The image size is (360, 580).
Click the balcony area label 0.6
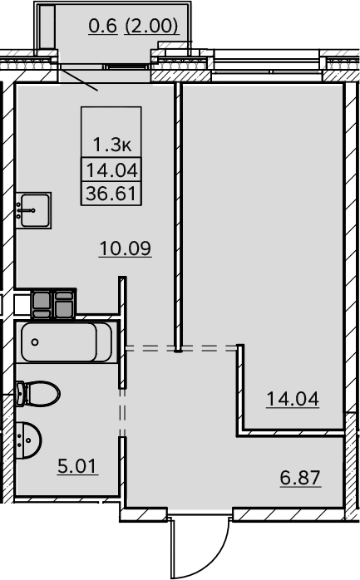coord(103,27)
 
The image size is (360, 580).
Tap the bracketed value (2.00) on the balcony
coord(151,27)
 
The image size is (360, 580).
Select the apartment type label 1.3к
coord(111,145)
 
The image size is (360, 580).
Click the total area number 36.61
coord(111,194)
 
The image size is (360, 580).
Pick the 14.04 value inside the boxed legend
coord(111,171)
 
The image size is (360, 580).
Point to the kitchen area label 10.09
coord(125,248)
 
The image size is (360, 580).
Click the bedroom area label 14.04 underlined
coord(293,399)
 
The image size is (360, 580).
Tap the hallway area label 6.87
coord(300,478)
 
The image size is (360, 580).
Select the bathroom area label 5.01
coord(77,465)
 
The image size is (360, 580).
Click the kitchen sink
coord(33,210)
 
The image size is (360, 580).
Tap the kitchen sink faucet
coord(27,210)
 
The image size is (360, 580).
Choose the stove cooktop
coord(54,303)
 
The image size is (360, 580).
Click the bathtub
coord(67,342)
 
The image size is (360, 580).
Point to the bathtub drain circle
coord(35,342)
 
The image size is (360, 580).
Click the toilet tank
coord(20,394)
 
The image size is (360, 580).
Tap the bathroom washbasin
coord(29,440)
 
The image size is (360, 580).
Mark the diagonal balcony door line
coord(78,79)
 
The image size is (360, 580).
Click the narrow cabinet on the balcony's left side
coord(47,27)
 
